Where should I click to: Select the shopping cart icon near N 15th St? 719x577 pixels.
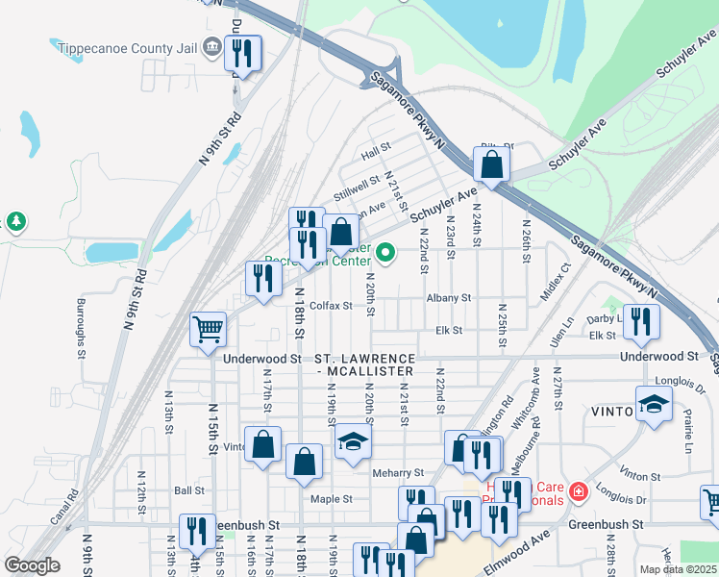(208, 330)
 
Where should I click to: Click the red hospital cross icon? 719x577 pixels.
(578, 493)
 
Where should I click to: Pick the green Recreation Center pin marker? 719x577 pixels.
(386, 253)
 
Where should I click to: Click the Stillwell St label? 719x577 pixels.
(357, 188)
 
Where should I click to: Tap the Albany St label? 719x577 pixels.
(450, 298)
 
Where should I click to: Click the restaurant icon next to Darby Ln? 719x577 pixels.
(641, 324)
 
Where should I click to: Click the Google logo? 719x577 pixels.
(32, 565)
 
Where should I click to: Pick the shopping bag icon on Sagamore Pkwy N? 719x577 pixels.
(491, 164)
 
